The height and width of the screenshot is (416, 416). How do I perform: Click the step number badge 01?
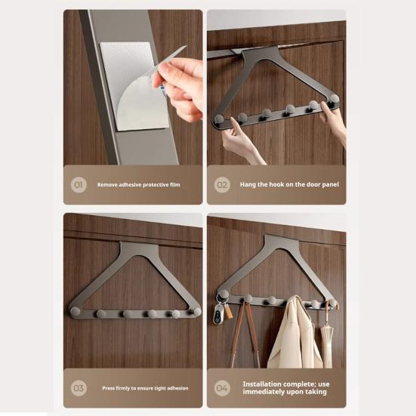pyautogui.click(x=79, y=184)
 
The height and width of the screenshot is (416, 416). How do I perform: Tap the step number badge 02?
pyautogui.click(x=222, y=184)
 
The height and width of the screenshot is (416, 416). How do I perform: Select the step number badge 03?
pyautogui.click(x=79, y=388)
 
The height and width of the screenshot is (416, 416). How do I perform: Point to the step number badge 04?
pyautogui.click(x=222, y=388)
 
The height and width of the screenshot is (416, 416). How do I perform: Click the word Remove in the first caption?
pyautogui.click(x=106, y=184)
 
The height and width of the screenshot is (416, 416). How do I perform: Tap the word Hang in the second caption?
pyautogui.click(x=248, y=184)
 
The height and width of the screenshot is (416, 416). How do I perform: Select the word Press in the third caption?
pyautogui.click(x=110, y=388)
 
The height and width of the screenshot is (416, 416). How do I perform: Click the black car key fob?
pyautogui.click(x=217, y=316)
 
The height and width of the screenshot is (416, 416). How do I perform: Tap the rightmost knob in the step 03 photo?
pyautogui.click(x=196, y=311)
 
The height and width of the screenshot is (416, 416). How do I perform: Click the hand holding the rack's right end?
pyautogui.click(x=332, y=121)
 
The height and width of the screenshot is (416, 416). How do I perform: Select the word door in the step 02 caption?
pyautogui.click(x=305, y=184)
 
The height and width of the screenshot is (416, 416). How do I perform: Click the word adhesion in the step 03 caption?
pyautogui.click(x=173, y=388)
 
